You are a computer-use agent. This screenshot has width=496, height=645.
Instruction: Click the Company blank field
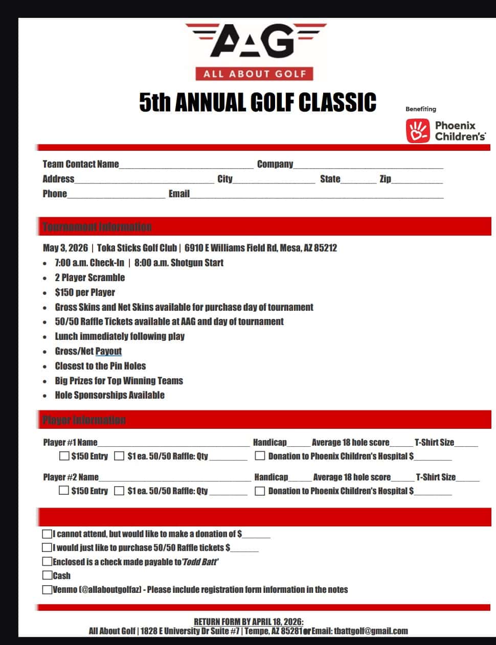368,165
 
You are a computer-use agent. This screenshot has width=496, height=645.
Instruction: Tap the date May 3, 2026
65,248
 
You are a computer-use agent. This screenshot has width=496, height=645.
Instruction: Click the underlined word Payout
108,351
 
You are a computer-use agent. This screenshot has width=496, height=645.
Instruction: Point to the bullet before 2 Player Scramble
46,278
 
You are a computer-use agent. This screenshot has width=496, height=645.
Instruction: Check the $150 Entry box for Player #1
64,456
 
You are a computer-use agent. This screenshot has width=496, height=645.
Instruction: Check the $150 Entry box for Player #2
64,491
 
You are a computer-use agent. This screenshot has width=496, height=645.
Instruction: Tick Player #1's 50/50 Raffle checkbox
119,456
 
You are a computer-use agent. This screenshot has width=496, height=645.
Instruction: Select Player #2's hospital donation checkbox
260,491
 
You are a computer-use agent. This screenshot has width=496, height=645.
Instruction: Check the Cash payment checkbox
47,575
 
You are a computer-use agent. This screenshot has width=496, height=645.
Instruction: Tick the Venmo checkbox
47,589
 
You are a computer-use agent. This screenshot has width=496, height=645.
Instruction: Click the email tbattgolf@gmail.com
371,631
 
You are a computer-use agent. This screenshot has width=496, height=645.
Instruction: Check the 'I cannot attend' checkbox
47,534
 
